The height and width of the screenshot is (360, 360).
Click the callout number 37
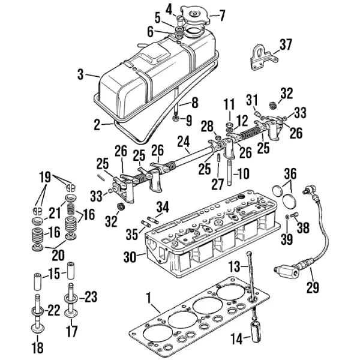pos(286,44)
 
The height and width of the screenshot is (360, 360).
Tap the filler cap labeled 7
pos(195,16)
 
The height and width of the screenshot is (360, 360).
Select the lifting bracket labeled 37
pos(263,57)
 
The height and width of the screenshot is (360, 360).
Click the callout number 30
pos(130,257)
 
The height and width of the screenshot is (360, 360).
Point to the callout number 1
pos(149,298)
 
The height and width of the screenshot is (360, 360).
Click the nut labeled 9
pos(176,119)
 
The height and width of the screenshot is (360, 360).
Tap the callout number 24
pos(184,142)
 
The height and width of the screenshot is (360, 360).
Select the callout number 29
pos(313,287)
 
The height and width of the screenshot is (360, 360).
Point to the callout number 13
pos(234,266)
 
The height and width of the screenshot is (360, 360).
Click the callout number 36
pos(290,174)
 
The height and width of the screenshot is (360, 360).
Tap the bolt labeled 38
pos(294,215)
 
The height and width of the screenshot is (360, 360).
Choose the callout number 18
pos(38,347)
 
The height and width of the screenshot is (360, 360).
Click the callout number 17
pos(72,331)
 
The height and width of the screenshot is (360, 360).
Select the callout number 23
pos(91,296)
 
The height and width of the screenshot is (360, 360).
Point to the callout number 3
pos(80,74)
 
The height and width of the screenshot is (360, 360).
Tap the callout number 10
pos(244,173)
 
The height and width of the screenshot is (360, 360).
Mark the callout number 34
pos(163,206)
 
